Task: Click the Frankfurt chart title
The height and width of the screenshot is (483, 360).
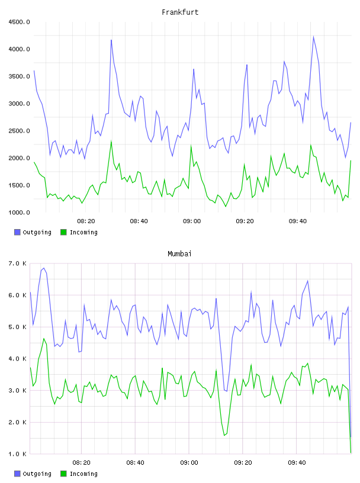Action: [x=180, y=12]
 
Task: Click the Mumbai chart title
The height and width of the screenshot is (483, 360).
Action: [x=179, y=254]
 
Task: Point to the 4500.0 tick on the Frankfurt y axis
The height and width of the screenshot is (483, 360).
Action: [x=19, y=22]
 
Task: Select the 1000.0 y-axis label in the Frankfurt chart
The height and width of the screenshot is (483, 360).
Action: [x=19, y=212]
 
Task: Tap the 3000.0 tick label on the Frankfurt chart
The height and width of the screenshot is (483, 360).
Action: [x=19, y=104]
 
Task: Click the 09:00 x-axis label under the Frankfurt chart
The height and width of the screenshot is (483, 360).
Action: [x=192, y=221]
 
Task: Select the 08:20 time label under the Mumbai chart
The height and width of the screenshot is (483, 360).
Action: [x=81, y=463]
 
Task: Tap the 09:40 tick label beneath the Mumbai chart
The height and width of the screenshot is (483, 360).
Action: [x=297, y=463]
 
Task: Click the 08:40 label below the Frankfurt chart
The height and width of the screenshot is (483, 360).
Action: [x=139, y=221]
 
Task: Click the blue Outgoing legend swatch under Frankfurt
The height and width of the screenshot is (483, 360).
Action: [x=17, y=232]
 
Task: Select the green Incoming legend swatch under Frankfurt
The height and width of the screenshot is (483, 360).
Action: [x=63, y=232]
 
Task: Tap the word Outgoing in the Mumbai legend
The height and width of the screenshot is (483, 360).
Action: [x=37, y=474]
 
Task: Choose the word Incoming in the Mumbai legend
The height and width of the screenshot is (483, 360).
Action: [x=83, y=474]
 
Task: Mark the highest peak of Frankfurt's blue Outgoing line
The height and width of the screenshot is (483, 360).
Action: [x=313, y=37]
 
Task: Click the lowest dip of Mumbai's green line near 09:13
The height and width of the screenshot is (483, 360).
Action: [x=224, y=435]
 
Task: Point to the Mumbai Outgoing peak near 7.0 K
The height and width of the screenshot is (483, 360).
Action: [x=44, y=268]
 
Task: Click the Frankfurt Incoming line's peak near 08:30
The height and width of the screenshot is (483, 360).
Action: [x=111, y=141]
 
